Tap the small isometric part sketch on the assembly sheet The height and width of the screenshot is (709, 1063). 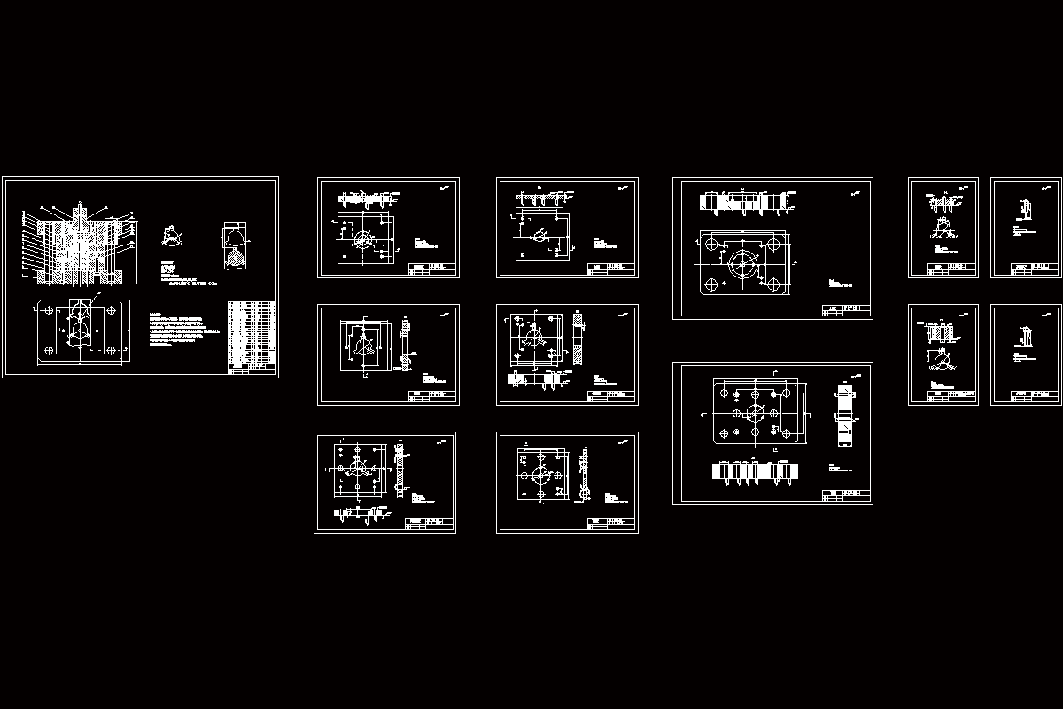(x=171, y=237)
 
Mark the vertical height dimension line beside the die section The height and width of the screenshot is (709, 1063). (x=20, y=248)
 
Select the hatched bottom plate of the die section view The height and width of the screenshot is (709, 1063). (x=80, y=280)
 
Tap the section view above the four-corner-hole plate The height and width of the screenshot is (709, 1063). (x=744, y=202)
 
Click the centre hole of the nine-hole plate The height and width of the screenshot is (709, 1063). (x=755, y=413)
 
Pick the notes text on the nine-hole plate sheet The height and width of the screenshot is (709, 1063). (x=838, y=470)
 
